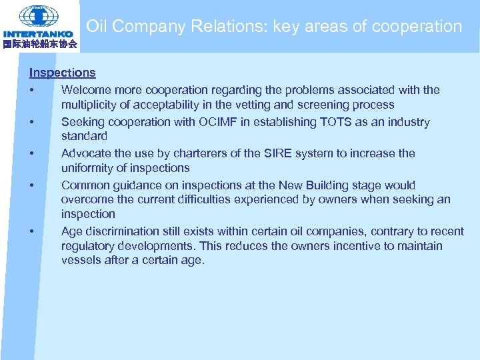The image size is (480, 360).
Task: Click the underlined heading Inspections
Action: [62, 73]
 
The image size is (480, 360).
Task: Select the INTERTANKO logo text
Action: [38, 34]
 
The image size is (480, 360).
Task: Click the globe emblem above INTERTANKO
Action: [38, 15]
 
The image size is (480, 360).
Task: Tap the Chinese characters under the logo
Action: [40, 44]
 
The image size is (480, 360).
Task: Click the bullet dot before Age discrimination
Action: [31, 231]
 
